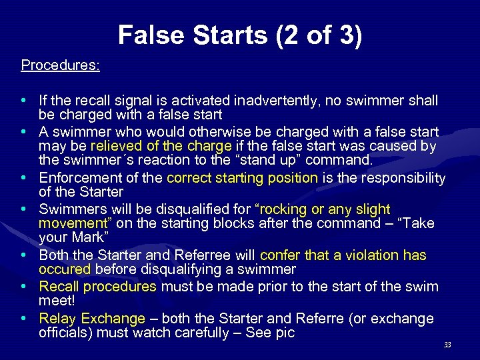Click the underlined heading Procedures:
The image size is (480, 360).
61,65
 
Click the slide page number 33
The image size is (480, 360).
447,345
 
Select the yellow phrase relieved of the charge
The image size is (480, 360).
161,147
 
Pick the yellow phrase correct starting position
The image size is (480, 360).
242,178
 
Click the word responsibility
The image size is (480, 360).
393,178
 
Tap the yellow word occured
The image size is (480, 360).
65,270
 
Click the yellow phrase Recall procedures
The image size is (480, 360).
97,287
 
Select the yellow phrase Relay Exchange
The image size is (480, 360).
92,319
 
